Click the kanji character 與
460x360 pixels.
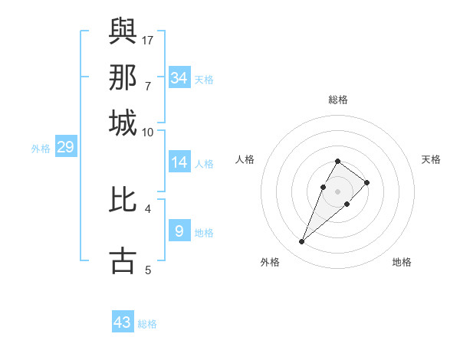[x=123, y=31]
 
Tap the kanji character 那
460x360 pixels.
[x=123, y=77]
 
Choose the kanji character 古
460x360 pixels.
[x=123, y=260]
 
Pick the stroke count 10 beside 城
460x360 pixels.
[x=148, y=132]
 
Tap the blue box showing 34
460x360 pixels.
[x=179, y=78]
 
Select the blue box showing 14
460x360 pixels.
[x=179, y=162]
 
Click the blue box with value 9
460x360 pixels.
[x=179, y=231]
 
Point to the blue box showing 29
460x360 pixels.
[x=65, y=148]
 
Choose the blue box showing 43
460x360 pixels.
[x=123, y=322]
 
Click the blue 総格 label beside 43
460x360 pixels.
[x=147, y=324]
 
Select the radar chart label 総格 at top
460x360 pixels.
[x=338, y=100]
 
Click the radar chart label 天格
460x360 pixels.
[x=431, y=159]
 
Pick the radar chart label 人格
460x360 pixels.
[x=245, y=159]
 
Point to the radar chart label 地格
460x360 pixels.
[x=402, y=262]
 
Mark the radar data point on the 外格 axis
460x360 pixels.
[x=301, y=242]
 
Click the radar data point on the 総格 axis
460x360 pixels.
[x=337, y=161]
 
